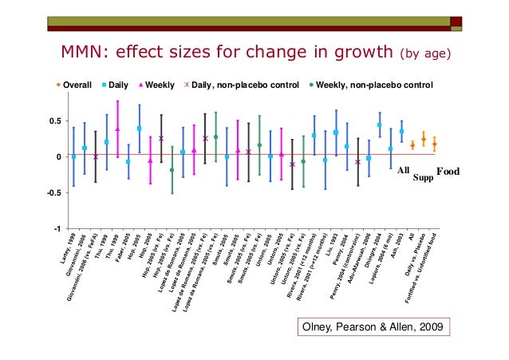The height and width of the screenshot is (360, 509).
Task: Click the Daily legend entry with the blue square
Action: [116, 85]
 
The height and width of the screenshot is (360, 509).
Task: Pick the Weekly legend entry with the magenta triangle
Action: [159, 85]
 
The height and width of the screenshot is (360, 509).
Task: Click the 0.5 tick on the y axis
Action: [56, 121]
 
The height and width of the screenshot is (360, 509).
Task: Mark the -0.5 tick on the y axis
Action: [54, 192]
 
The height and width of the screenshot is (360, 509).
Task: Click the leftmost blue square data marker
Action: [73, 156]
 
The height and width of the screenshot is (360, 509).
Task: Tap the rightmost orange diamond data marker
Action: [434, 144]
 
